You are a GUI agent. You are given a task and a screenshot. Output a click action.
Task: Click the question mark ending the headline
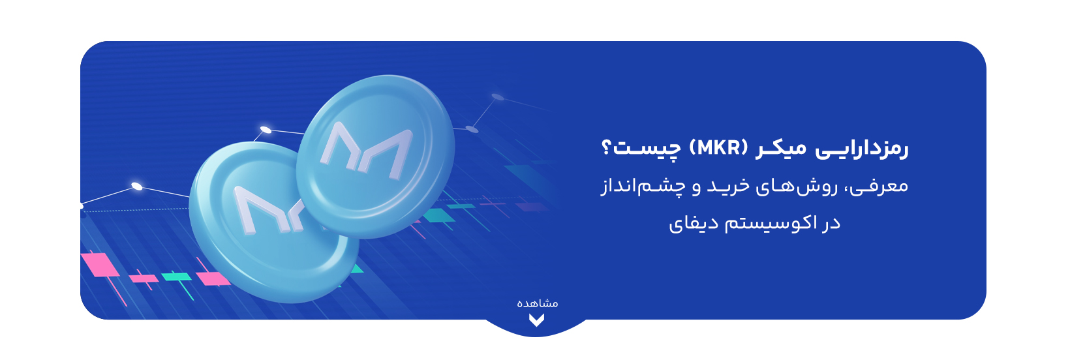(x=605, y=148)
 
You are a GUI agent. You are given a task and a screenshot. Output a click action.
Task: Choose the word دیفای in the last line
(x=694, y=224)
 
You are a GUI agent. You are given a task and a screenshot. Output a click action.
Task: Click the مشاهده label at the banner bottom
(x=538, y=303)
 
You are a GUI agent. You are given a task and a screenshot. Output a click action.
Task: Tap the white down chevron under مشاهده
(x=536, y=320)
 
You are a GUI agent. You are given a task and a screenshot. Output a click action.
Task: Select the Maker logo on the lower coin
(x=268, y=210)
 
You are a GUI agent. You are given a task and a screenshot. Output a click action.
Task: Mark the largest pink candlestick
(x=100, y=265)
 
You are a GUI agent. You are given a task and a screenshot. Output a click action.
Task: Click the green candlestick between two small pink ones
(x=176, y=277)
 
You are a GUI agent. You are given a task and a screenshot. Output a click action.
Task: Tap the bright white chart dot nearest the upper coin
(x=266, y=130)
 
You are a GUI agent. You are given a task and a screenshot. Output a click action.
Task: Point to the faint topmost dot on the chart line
(x=498, y=97)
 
